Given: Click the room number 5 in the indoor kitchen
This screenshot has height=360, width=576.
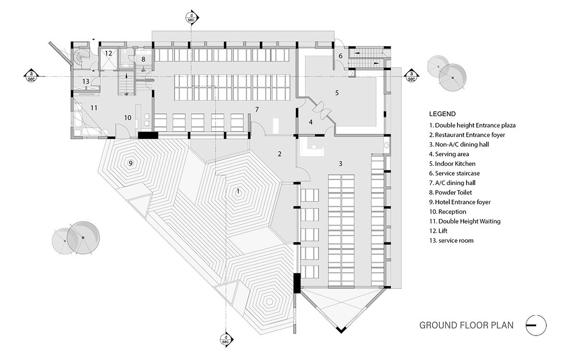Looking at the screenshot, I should click(337, 93).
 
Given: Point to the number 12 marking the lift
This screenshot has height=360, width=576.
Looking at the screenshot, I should click(108, 53).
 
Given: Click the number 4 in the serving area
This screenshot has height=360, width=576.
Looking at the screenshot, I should click(311, 122).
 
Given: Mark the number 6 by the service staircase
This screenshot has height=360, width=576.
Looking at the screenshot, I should click(341, 56).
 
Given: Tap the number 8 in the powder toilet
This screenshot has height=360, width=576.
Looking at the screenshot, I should click(143, 59).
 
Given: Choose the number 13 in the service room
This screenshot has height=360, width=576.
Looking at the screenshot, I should click(85, 81).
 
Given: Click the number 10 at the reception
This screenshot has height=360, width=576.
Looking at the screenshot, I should click(127, 118).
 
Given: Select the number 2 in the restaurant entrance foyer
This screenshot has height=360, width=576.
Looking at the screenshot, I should click(279, 154).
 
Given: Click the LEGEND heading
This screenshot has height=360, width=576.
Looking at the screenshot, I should click(442, 115).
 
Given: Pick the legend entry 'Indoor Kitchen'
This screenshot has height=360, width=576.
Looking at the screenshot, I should click(453, 164).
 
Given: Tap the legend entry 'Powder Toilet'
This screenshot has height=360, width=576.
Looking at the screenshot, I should click(453, 192).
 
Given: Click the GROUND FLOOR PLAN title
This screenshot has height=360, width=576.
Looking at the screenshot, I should click(467, 325).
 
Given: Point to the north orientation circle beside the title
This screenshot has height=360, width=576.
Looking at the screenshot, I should click(536, 325).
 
